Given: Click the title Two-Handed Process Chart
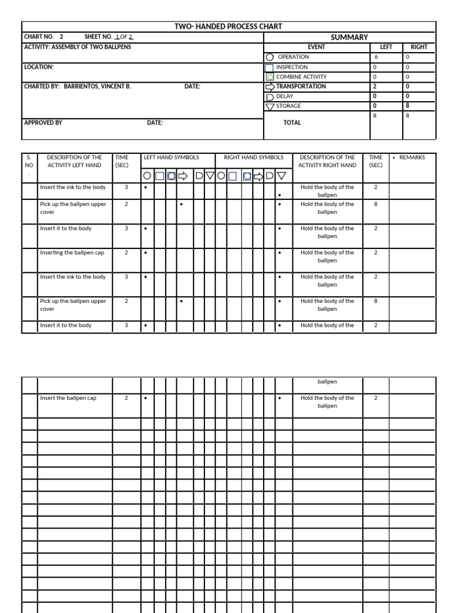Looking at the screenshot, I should pyautogui.click(x=228, y=26).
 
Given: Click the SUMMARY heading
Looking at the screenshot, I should pyautogui.click(x=349, y=37).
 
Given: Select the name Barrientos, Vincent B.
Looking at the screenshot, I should pyautogui.click(x=97, y=86).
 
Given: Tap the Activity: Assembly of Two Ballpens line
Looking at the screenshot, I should pyautogui.click(x=77, y=47).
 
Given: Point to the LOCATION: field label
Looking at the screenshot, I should pyautogui.click(x=39, y=67).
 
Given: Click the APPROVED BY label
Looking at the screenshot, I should pyautogui.click(x=43, y=122).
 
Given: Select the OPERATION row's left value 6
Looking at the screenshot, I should pyautogui.click(x=376, y=57).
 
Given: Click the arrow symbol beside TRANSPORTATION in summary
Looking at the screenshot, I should pyautogui.click(x=270, y=86).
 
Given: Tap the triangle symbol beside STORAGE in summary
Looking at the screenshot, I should pyautogui.click(x=270, y=107).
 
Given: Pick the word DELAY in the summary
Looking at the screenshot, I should pyautogui.click(x=284, y=96).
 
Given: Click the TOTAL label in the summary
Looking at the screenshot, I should pyautogui.click(x=292, y=123).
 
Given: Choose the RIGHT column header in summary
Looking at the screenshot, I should pyautogui.click(x=419, y=47).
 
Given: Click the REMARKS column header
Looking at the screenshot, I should pyautogui.click(x=412, y=157).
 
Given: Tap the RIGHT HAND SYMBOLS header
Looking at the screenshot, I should pyautogui.click(x=253, y=157).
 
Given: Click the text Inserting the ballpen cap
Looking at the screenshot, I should pyautogui.click(x=72, y=253).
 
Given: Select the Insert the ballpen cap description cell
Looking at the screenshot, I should pyautogui.click(x=68, y=398).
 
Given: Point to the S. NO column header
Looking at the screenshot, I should pyautogui.click(x=29, y=162).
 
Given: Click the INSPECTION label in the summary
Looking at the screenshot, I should pyautogui.click(x=292, y=67).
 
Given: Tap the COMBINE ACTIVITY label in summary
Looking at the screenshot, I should pyautogui.click(x=301, y=77).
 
